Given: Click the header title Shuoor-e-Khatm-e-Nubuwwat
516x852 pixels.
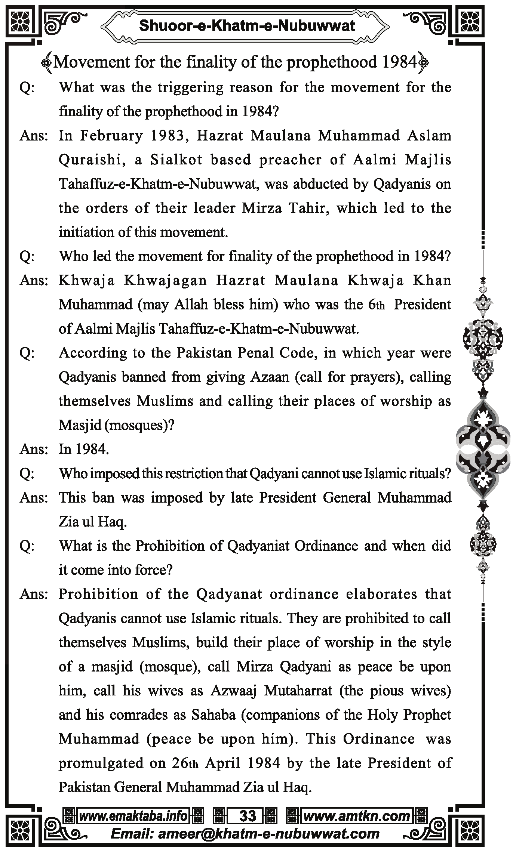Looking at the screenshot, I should [247, 26].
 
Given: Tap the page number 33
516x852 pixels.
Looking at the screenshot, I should [247, 816].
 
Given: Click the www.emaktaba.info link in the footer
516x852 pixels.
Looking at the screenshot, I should [133, 816].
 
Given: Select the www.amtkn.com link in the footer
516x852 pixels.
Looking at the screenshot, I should [357, 816].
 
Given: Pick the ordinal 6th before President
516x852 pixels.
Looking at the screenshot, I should [376, 305].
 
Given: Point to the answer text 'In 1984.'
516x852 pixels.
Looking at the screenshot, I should [84, 449].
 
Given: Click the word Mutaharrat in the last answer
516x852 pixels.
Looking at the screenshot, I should [298, 691].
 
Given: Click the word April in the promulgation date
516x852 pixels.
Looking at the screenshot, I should [222, 763].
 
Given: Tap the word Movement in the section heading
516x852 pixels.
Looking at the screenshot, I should [92, 62].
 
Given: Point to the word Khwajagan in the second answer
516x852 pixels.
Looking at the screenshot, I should [165, 281].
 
